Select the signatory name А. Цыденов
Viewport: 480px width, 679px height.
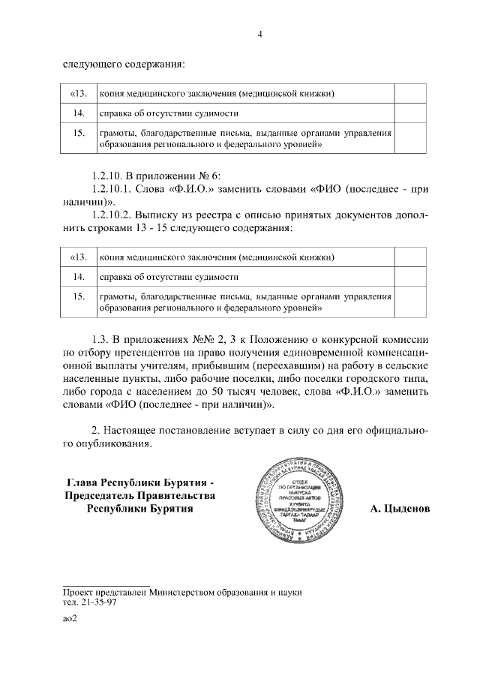click(x=400, y=509)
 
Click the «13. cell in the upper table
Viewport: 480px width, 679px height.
click(x=78, y=94)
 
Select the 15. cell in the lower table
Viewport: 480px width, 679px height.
click(x=78, y=297)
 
